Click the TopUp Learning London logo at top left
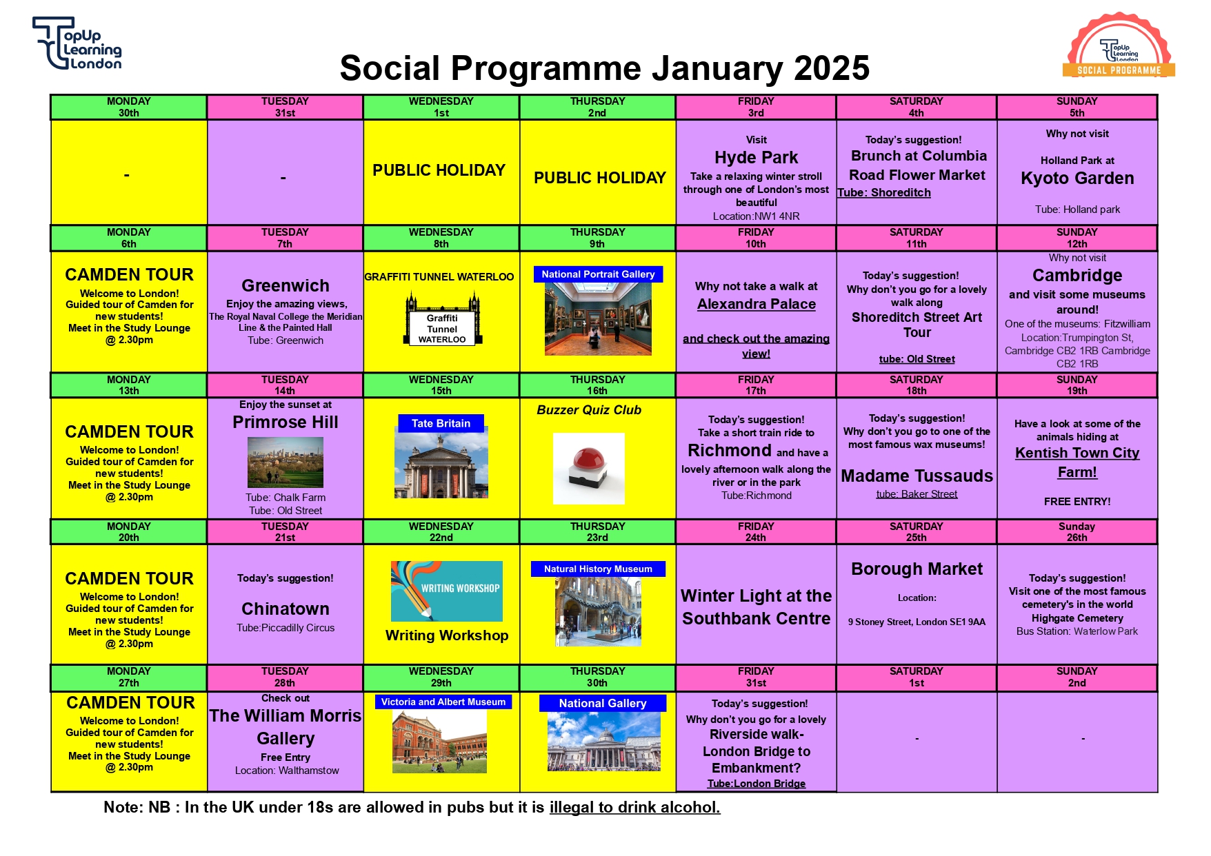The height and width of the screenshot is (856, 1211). pyautogui.click(x=77, y=43)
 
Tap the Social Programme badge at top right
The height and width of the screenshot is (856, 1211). pyautogui.click(x=1119, y=45)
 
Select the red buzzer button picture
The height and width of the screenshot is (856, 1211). pyautogui.click(x=588, y=468)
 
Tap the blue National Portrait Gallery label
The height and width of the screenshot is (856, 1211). pyautogui.click(x=598, y=274)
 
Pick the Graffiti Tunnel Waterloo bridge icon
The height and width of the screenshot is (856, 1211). pyautogui.click(x=442, y=320)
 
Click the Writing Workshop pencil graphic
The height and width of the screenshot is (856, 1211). pyautogui.click(x=446, y=591)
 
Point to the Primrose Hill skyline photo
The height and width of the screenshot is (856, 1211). pyautogui.click(x=285, y=462)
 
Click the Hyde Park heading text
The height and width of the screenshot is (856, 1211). pyautogui.click(x=756, y=158)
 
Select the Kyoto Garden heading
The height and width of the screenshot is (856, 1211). pyautogui.click(x=1077, y=179)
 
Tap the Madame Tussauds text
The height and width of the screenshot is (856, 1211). pyautogui.click(x=917, y=476)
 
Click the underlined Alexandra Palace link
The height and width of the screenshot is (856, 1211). pyautogui.click(x=756, y=304)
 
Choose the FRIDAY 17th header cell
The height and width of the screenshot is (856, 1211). pyautogui.click(x=756, y=385)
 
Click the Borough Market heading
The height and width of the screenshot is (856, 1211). pyautogui.click(x=917, y=569)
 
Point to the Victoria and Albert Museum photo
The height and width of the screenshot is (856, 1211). pyautogui.click(x=439, y=741)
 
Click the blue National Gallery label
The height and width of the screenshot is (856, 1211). pyautogui.click(x=602, y=703)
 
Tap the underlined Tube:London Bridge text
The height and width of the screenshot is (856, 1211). pyautogui.click(x=756, y=784)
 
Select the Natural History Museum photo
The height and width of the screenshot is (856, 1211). pyautogui.click(x=598, y=611)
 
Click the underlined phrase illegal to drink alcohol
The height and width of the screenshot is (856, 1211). pyautogui.click(x=634, y=807)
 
